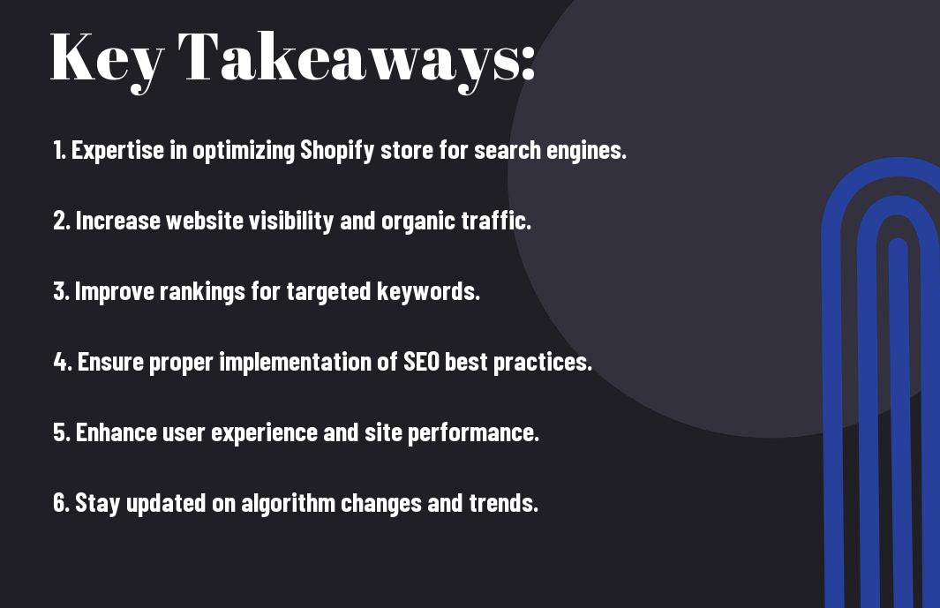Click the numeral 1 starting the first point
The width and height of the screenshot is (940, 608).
(x=57, y=150)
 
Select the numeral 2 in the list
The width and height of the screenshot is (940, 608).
(x=60, y=221)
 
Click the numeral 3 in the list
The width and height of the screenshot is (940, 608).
(x=60, y=291)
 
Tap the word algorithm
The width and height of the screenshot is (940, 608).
(x=288, y=504)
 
